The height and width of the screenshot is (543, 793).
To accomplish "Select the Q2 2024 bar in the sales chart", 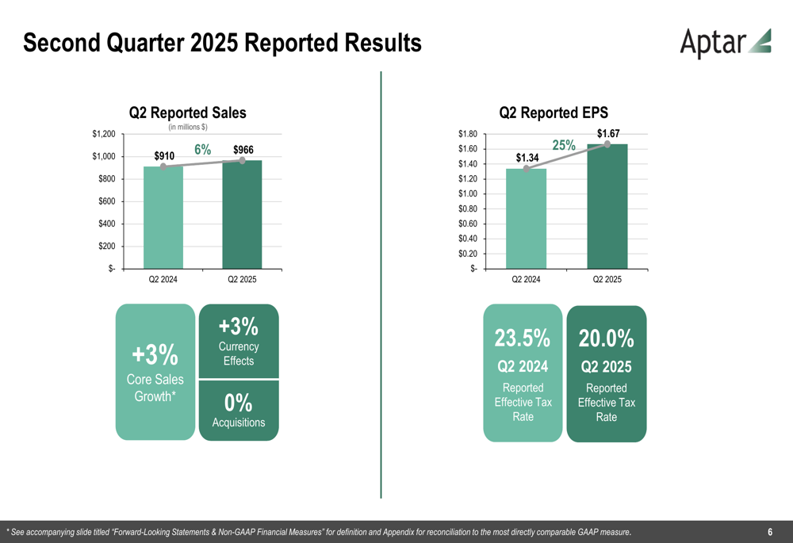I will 163,217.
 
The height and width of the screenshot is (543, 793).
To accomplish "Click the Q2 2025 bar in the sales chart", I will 243,214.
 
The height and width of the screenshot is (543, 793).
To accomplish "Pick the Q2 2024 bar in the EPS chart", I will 527,219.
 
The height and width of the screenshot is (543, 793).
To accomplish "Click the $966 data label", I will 243,150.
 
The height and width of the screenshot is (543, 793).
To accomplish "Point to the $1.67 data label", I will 608,134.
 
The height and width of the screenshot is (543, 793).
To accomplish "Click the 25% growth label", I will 564,145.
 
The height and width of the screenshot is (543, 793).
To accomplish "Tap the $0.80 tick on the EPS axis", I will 466,208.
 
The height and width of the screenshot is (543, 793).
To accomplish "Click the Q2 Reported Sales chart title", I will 188,113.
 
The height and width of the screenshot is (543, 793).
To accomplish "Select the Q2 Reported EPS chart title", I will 554,113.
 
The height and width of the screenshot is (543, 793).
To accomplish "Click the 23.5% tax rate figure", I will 523,338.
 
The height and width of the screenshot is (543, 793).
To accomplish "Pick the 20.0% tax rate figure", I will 607,338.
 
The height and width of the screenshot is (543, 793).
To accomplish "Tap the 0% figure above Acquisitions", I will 238,402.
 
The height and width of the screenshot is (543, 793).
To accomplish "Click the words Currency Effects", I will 238,354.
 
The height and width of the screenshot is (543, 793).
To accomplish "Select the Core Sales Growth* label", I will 155,388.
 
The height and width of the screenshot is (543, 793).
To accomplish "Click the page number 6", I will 770,531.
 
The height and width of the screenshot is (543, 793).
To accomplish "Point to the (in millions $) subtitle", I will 188,128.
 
